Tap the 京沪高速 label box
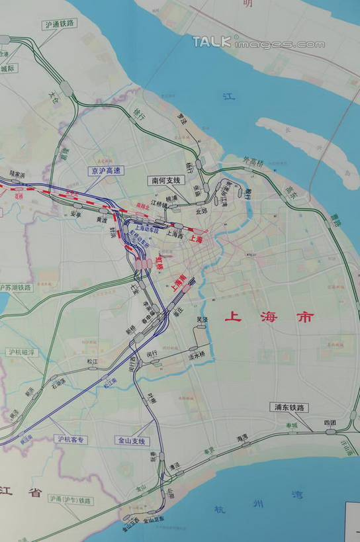tap(106, 170)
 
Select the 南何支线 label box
tap(165, 179)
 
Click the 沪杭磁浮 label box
tap(21, 353)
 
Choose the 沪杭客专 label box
tap(72, 439)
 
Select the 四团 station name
tap(330, 422)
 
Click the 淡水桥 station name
tap(197, 355)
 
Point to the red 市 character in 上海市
tap(304, 316)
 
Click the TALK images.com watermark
tap(258, 42)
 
